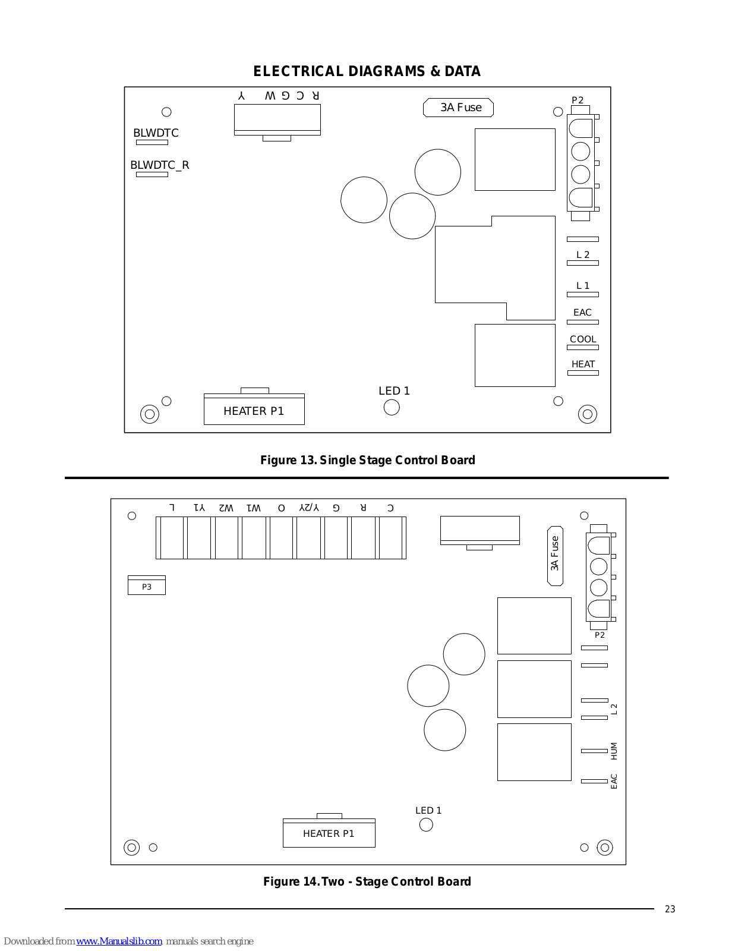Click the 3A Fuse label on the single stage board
(x=458, y=108)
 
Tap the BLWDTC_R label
(x=159, y=165)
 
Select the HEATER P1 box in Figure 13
(x=254, y=411)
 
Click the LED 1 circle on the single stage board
(x=392, y=407)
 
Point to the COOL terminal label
(x=583, y=339)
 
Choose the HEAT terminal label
(x=583, y=364)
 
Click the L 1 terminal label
(x=583, y=286)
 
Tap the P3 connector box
(x=147, y=587)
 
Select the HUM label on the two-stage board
(x=614, y=751)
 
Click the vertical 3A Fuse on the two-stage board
(x=555, y=555)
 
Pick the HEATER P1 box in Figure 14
(x=329, y=833)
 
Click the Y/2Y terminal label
(x=309, y=508)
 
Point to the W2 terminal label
(x=226, y=508)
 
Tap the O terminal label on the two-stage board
(x=282, y=508)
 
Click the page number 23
(x=670, y=909)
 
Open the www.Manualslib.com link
(x=119, y=941)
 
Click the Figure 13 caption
(x=367, y=460)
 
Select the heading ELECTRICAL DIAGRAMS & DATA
(x=367, y=71)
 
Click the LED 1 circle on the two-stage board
(x=426, y=824)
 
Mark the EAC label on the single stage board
(x=582, y=313)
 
